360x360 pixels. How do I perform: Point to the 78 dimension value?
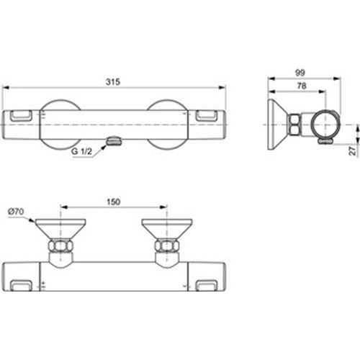[x=296, y=85]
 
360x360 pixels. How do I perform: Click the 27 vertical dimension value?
[x=352, y=151]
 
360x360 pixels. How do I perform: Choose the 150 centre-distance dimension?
[x=113, y=202]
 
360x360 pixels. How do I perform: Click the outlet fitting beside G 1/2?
[x=112, y=143]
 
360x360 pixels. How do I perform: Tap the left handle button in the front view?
[x=22, y=115]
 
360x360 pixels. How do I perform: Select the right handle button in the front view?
[x=207, y=115]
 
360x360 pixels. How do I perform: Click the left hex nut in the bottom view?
[x=60, y=250]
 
